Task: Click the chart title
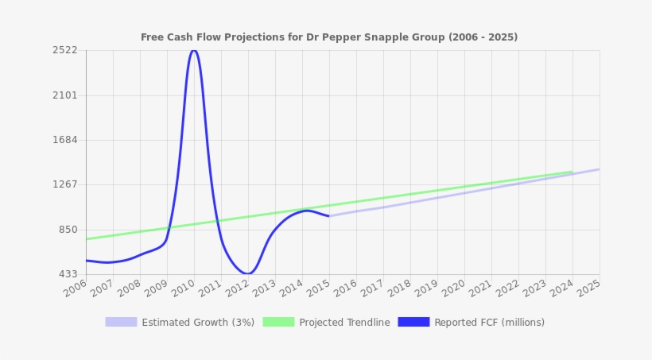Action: click(x=329, y=37)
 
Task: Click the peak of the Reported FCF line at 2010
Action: click(x=193, y=50)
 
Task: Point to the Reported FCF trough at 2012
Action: click(x=247, y=273)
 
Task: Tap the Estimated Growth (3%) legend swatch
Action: click(x=121, y=322)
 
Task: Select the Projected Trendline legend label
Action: click(x=344, y=323)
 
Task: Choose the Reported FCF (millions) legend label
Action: click(x=489, y=323)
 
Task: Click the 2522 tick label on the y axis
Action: click(x=64, y=50)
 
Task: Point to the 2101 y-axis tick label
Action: click(x=64, y=95)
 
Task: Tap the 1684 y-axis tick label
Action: click(x=64, y=140)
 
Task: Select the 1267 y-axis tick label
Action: click(x=64, y=184)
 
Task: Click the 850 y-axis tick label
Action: click(x=68, y=230)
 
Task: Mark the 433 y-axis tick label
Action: click(x=68, y=274)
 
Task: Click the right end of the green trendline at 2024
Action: click(x=572, y=172)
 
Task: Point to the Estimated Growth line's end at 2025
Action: click(x=599, y=169)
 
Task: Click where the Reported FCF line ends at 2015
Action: click(x=328, y=216)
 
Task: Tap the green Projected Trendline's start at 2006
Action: click(x=87, y=239)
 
